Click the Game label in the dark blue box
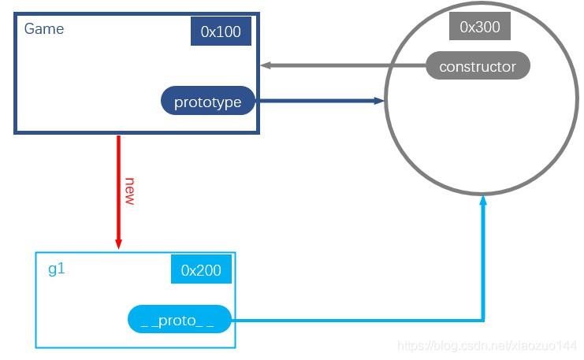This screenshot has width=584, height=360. click(x=44, y=29)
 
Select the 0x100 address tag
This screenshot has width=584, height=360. click(x=221, y=32)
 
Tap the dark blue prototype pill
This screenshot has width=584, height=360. click(x=208, y=101)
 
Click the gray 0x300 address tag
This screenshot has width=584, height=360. click(x=479, y=27)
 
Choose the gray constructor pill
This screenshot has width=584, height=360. click(x=478, y=66)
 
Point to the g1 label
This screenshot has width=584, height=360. click(x=57, y=269)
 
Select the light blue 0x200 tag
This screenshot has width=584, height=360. click(x=201, y=269)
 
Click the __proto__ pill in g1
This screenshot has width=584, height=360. click(x=180, y=321)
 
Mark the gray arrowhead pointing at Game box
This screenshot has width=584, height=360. click(x=266, y=65)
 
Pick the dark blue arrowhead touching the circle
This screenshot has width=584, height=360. click(x=378, y=101)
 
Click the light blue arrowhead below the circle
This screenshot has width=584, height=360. click(x=483, y=203)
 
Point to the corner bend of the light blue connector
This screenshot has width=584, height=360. click(x=483, y=320)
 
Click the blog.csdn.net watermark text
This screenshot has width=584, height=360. click(x=489, y=346)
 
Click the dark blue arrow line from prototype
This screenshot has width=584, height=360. click(x=315, y=101)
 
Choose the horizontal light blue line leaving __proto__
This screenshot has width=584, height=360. click(x=355, y=320)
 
